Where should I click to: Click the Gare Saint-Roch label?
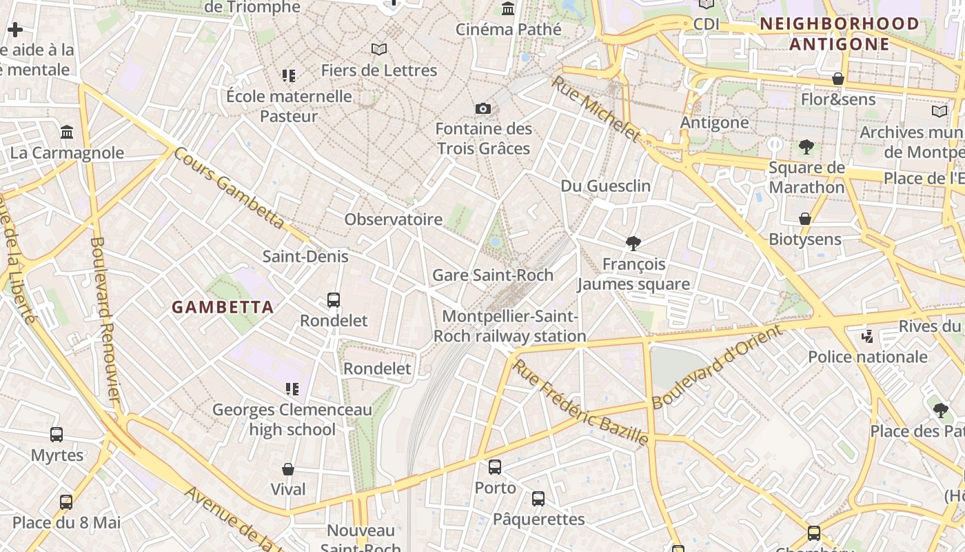click(492, 275)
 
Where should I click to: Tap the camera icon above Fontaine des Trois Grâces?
click(483, 108)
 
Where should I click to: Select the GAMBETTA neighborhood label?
click(223, 307)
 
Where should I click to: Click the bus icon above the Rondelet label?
click(334, 300)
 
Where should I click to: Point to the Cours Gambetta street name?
click(229, 188)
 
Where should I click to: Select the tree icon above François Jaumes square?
click(633, 243)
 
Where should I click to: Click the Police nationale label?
click(867, 357)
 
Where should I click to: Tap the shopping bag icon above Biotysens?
click(804, 219)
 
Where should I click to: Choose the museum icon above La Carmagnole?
click(67, 132)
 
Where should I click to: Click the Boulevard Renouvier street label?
click(105, 319)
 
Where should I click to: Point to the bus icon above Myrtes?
click(57, 435)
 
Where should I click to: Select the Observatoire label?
click(393, 219)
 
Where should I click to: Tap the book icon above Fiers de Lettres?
click(378, 49)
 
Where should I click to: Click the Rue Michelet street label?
click(596, 108)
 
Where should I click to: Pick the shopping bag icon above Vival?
click(288, 469)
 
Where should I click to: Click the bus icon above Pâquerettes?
click(538, 498)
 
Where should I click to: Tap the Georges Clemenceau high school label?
click(292, 420)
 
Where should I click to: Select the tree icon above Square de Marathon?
click(806, 147)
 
